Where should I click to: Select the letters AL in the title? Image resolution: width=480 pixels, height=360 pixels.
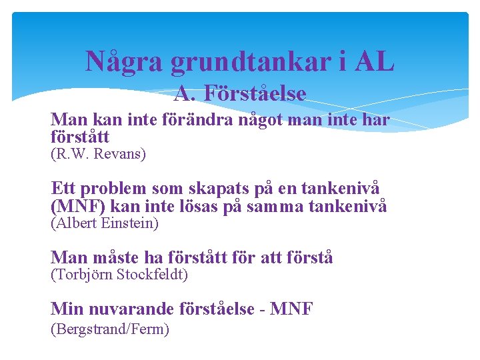click(x=375, y=62)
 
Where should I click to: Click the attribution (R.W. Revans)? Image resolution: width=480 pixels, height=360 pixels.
click(x=98, y=154)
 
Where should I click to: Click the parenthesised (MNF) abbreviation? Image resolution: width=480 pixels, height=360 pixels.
click(x=75, y=207)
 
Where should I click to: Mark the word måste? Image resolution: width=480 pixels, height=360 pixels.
click(x=109, y=257)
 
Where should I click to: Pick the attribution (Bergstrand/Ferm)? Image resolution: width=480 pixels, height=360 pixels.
click(x=110, y=329)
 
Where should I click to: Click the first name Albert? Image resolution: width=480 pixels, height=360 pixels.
click(x=74, y=224)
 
